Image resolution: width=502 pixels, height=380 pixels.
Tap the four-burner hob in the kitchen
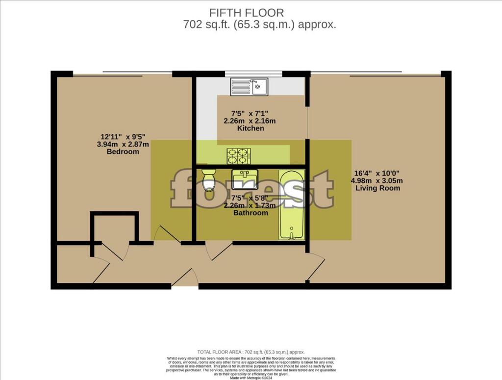[239, 156]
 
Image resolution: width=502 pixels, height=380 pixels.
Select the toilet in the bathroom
[209, 180]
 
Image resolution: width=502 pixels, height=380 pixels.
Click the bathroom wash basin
[245, 179]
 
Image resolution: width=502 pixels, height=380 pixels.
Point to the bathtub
[292, 205]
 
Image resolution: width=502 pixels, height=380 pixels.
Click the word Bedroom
[123, 152]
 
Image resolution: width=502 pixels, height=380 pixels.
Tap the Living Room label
[378, 188]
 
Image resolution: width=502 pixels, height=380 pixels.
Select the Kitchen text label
[251, 128]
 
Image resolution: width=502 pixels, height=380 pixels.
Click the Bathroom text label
[251, 213]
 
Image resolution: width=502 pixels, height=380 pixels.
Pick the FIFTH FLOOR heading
[246, 13]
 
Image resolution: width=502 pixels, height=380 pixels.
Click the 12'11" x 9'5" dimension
[123, 136]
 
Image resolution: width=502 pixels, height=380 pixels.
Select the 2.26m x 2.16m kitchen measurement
[251, 121]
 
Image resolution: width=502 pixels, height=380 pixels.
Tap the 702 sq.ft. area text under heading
[259, 25]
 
